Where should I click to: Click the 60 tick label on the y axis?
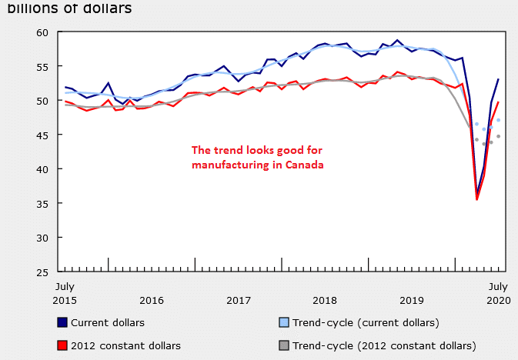point(42,32)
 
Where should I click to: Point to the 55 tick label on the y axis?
point(42,67)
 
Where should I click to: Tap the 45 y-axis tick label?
point(42,135)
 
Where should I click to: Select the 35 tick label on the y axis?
point(42,204)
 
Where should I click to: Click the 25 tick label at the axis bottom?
point(42,272)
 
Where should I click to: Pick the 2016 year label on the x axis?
point(152,299)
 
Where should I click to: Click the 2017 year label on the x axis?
point(239,299)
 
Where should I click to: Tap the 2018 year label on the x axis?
point(326,299)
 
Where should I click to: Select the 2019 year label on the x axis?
point(413,299)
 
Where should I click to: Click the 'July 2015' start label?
point(64,292)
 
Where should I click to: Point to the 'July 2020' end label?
point(497,292)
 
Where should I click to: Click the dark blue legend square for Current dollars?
point(62,322)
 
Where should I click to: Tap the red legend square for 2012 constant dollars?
point(62,345)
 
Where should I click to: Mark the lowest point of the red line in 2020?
point(477,199)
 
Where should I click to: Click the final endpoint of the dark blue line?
point(498,79)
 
